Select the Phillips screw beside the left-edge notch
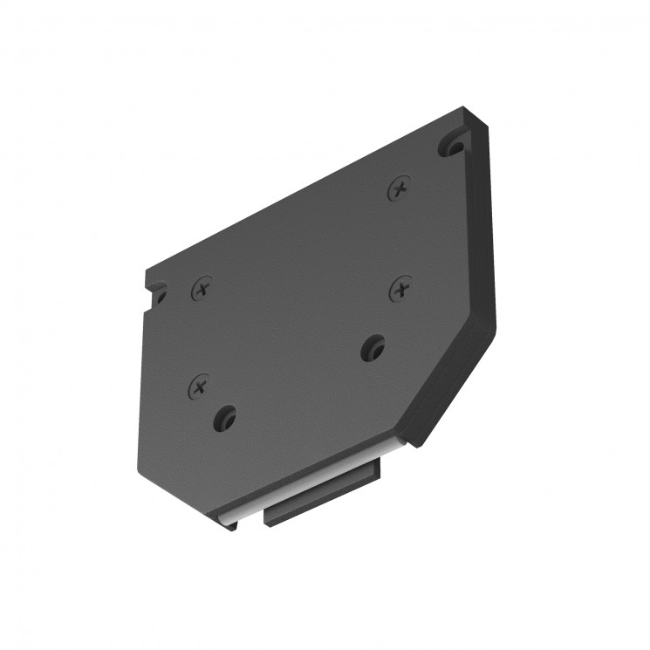click(202, 287)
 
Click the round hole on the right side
click(373, 347)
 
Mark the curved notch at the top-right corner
click(452, 142)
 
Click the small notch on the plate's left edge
click(158, 294)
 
